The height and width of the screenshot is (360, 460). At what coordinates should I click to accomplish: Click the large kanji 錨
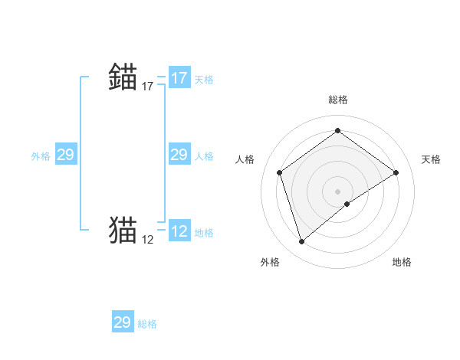pos(123,77)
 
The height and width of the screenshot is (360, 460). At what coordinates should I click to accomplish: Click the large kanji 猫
pos(123,229)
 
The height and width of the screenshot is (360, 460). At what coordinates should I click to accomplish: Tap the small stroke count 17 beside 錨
pos(148,87)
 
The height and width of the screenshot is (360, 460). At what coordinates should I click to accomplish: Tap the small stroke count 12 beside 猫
pos(148,240)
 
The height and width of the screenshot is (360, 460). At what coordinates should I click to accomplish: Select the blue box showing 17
pos(179,78)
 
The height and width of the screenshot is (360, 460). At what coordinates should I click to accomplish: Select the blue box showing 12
pos(179,231)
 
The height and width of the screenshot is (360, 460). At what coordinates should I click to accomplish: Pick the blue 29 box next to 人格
pos(179,155)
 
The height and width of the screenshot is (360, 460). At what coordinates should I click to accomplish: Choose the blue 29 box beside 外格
pos(65,155)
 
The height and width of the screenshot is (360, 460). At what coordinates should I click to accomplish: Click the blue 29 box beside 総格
pos(123,322)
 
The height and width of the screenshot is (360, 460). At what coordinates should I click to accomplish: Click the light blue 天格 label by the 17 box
pos(204,80)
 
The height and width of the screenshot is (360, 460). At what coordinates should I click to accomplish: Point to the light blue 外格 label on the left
pos(41,156)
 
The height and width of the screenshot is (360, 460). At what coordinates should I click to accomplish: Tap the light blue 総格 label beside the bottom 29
pos(147,324)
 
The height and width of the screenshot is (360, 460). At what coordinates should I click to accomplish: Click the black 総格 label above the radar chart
pos(337,100)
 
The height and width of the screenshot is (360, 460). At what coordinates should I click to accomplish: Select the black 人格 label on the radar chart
pos(245,159)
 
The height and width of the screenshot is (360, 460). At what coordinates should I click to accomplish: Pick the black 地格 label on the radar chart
pos(402,262)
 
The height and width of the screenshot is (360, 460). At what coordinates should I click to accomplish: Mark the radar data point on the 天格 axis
pos(396,172)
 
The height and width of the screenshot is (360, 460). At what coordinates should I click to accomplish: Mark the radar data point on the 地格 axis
pos(348,204)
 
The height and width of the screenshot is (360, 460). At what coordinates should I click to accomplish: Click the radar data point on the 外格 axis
pos(301,242)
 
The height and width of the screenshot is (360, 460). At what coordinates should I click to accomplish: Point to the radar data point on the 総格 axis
pos(337,131)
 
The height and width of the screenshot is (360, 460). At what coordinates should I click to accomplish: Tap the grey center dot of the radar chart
pos(337,191)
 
